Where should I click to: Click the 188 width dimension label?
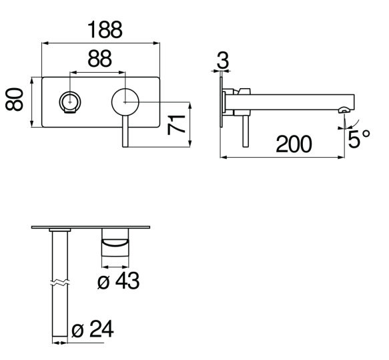click(105, 30)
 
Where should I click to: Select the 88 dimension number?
click(99, 59)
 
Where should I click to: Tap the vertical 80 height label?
click(15, 99)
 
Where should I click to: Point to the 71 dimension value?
click(176, 125)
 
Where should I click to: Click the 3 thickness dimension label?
click(223, 60)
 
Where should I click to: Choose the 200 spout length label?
click(294, 144)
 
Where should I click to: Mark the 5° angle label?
click(359, 138)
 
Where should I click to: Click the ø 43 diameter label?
click(118, 281)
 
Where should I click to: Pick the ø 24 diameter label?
click(93, 329)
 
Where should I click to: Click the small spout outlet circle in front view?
click(70, 102)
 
